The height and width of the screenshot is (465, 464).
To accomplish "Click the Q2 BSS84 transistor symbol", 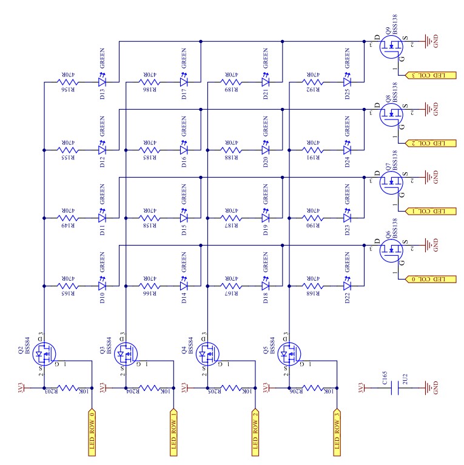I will (44, 351).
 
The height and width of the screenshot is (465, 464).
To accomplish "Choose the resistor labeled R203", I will (68, 387).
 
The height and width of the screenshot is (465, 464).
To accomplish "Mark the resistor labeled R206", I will (313, 387).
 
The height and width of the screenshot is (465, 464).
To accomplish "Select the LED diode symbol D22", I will (347, 284).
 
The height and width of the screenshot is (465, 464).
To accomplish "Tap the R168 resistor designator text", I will (314, 293).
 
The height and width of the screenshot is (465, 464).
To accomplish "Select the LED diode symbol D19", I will (265, 216).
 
